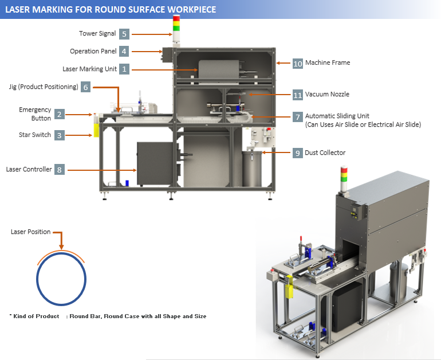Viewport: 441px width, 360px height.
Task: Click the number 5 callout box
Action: [x=124, y=34]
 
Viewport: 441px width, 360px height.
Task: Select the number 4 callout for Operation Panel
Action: [x=124, y=51]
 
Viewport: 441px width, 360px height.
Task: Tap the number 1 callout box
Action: [x=124, y=69]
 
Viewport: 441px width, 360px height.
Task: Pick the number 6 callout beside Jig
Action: [x=85, y=87]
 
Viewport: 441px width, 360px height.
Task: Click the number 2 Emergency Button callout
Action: [x=60, y=115]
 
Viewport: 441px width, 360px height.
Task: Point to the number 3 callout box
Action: [x=60, y=135]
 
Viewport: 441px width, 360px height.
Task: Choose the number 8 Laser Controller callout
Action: [x=60, y=170]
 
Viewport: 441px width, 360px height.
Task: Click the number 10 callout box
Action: [x=297, y=63]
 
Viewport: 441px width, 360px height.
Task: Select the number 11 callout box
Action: [x=297, y=95]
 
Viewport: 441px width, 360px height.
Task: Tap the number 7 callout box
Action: [x=297, y=116]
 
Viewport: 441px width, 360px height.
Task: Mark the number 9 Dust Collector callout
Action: [x=297, y=153]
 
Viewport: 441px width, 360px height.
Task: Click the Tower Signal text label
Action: [x=97, y=34]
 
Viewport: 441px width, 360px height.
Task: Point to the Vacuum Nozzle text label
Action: [x=327, y=95]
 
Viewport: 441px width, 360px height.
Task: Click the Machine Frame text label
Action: [x=328, y=63]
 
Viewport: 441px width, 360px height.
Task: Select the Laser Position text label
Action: [x=31, y=232]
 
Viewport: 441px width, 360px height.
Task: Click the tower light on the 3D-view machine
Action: [x=344, y=178]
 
